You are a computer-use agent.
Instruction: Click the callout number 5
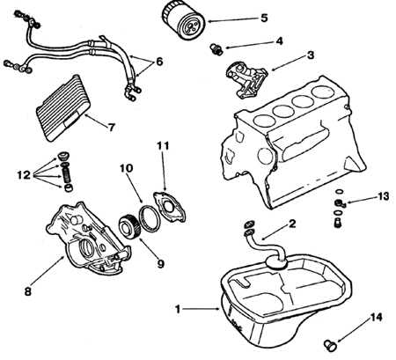(x=264, y=18)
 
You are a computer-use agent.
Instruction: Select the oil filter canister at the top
(x=183, y=19)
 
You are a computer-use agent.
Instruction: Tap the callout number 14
(x=377, y=317)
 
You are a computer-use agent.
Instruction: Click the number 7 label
(x=111, y=128)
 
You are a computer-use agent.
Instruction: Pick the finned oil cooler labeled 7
(x=62, y=107)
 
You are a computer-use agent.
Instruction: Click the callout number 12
(x=24, y=175)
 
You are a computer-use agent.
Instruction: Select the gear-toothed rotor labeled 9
(x=130, y=225)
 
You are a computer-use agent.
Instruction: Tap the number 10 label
(x=126, y=168)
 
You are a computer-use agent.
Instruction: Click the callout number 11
(x=163, y=146)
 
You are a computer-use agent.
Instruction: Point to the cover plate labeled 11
(x=170, y=207)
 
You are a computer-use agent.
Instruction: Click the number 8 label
(x=27, y=292)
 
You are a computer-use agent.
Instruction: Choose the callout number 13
(x=383, y=196)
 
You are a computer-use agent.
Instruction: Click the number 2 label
(x=292, y=224)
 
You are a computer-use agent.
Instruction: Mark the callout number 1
(x=178, y=309)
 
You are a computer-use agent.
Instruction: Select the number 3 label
(x=310, y=55)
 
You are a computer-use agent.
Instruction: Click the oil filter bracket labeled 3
(x=246, y=79)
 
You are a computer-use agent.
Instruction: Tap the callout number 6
(x=159, y=62)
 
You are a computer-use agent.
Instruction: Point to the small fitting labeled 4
(x=216, y=48)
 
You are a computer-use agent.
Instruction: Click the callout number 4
(x=279, y=41)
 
